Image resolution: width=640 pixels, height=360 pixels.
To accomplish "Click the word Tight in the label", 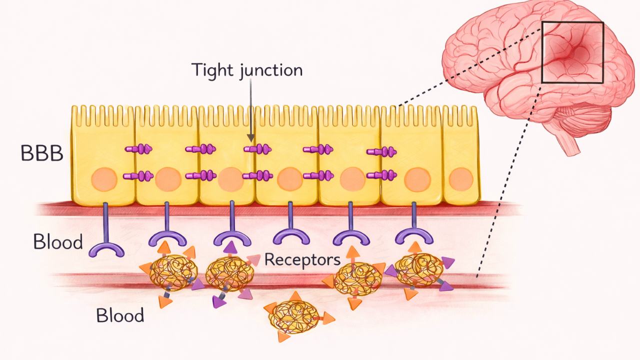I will click(213, 69).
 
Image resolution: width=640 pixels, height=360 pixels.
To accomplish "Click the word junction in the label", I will click(271, 70).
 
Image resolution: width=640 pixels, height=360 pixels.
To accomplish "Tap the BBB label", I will click(42, 153).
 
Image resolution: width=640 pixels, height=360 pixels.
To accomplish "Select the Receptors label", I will click(302, 259).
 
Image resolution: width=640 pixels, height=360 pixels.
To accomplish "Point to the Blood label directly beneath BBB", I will click(58, 242).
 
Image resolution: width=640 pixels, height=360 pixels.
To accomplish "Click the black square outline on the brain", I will click(572, 23).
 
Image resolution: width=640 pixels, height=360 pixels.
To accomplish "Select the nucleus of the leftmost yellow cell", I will click(104, 178).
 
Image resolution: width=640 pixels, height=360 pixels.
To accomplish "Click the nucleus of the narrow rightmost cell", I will click(460, 179).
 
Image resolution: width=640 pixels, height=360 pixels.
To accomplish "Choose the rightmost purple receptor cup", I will click(414, 235).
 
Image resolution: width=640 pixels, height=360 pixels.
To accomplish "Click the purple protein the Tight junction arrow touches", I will click(257, 149).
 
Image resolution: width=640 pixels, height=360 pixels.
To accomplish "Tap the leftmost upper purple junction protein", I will click(139, 149).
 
